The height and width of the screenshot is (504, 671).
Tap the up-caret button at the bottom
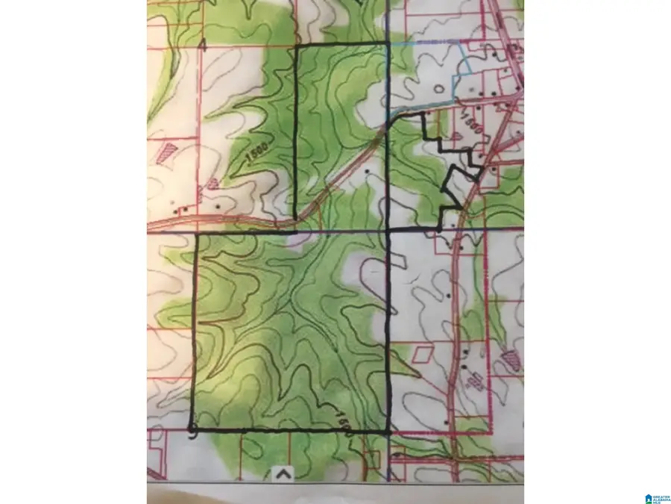coord(283,473)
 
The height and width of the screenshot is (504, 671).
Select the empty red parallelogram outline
coord(422,353)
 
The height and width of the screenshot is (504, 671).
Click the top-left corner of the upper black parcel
coord(297,46)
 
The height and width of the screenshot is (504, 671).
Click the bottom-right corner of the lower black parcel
coord(388,432)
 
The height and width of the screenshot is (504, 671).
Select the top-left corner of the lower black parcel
coord(196,234)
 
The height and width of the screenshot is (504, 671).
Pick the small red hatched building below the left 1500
coord(213,182)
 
